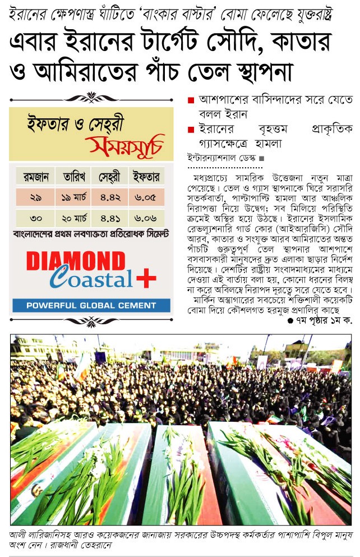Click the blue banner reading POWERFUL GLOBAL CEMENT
[91, 306]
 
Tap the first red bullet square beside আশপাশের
[191, 100]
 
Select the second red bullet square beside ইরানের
[191, 130]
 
